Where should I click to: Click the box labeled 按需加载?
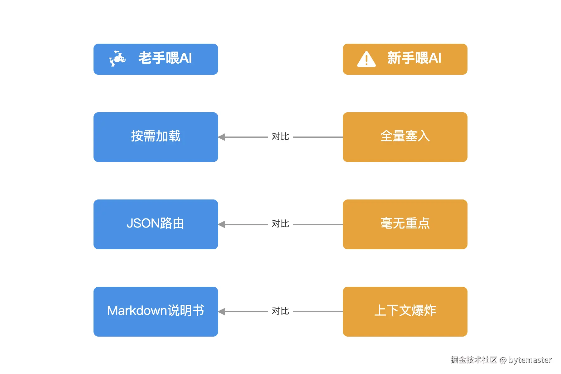pos(156,137)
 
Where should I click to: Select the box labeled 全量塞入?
pos(405,137)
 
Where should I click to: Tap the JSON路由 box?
pos(156,224)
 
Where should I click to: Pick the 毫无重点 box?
pos(405,224)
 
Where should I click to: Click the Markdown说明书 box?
pos(156,311)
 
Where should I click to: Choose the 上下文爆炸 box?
pos(405,311)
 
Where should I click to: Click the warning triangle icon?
pos(366,59)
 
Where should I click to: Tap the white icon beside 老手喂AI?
pos(117,58)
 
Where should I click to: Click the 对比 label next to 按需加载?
pos(280,137)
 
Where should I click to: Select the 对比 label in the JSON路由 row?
pos(280,224)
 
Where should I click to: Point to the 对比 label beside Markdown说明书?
pos(280,311)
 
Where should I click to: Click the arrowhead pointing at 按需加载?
pos(222,137)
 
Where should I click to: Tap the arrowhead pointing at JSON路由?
pos(222,224)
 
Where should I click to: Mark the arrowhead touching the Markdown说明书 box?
pos(222,312)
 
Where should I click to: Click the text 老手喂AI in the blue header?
pos(165,58)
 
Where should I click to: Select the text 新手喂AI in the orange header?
pos(414,58)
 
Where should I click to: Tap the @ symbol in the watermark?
pos(503,360)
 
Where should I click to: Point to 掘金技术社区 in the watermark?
pos(473,360)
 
